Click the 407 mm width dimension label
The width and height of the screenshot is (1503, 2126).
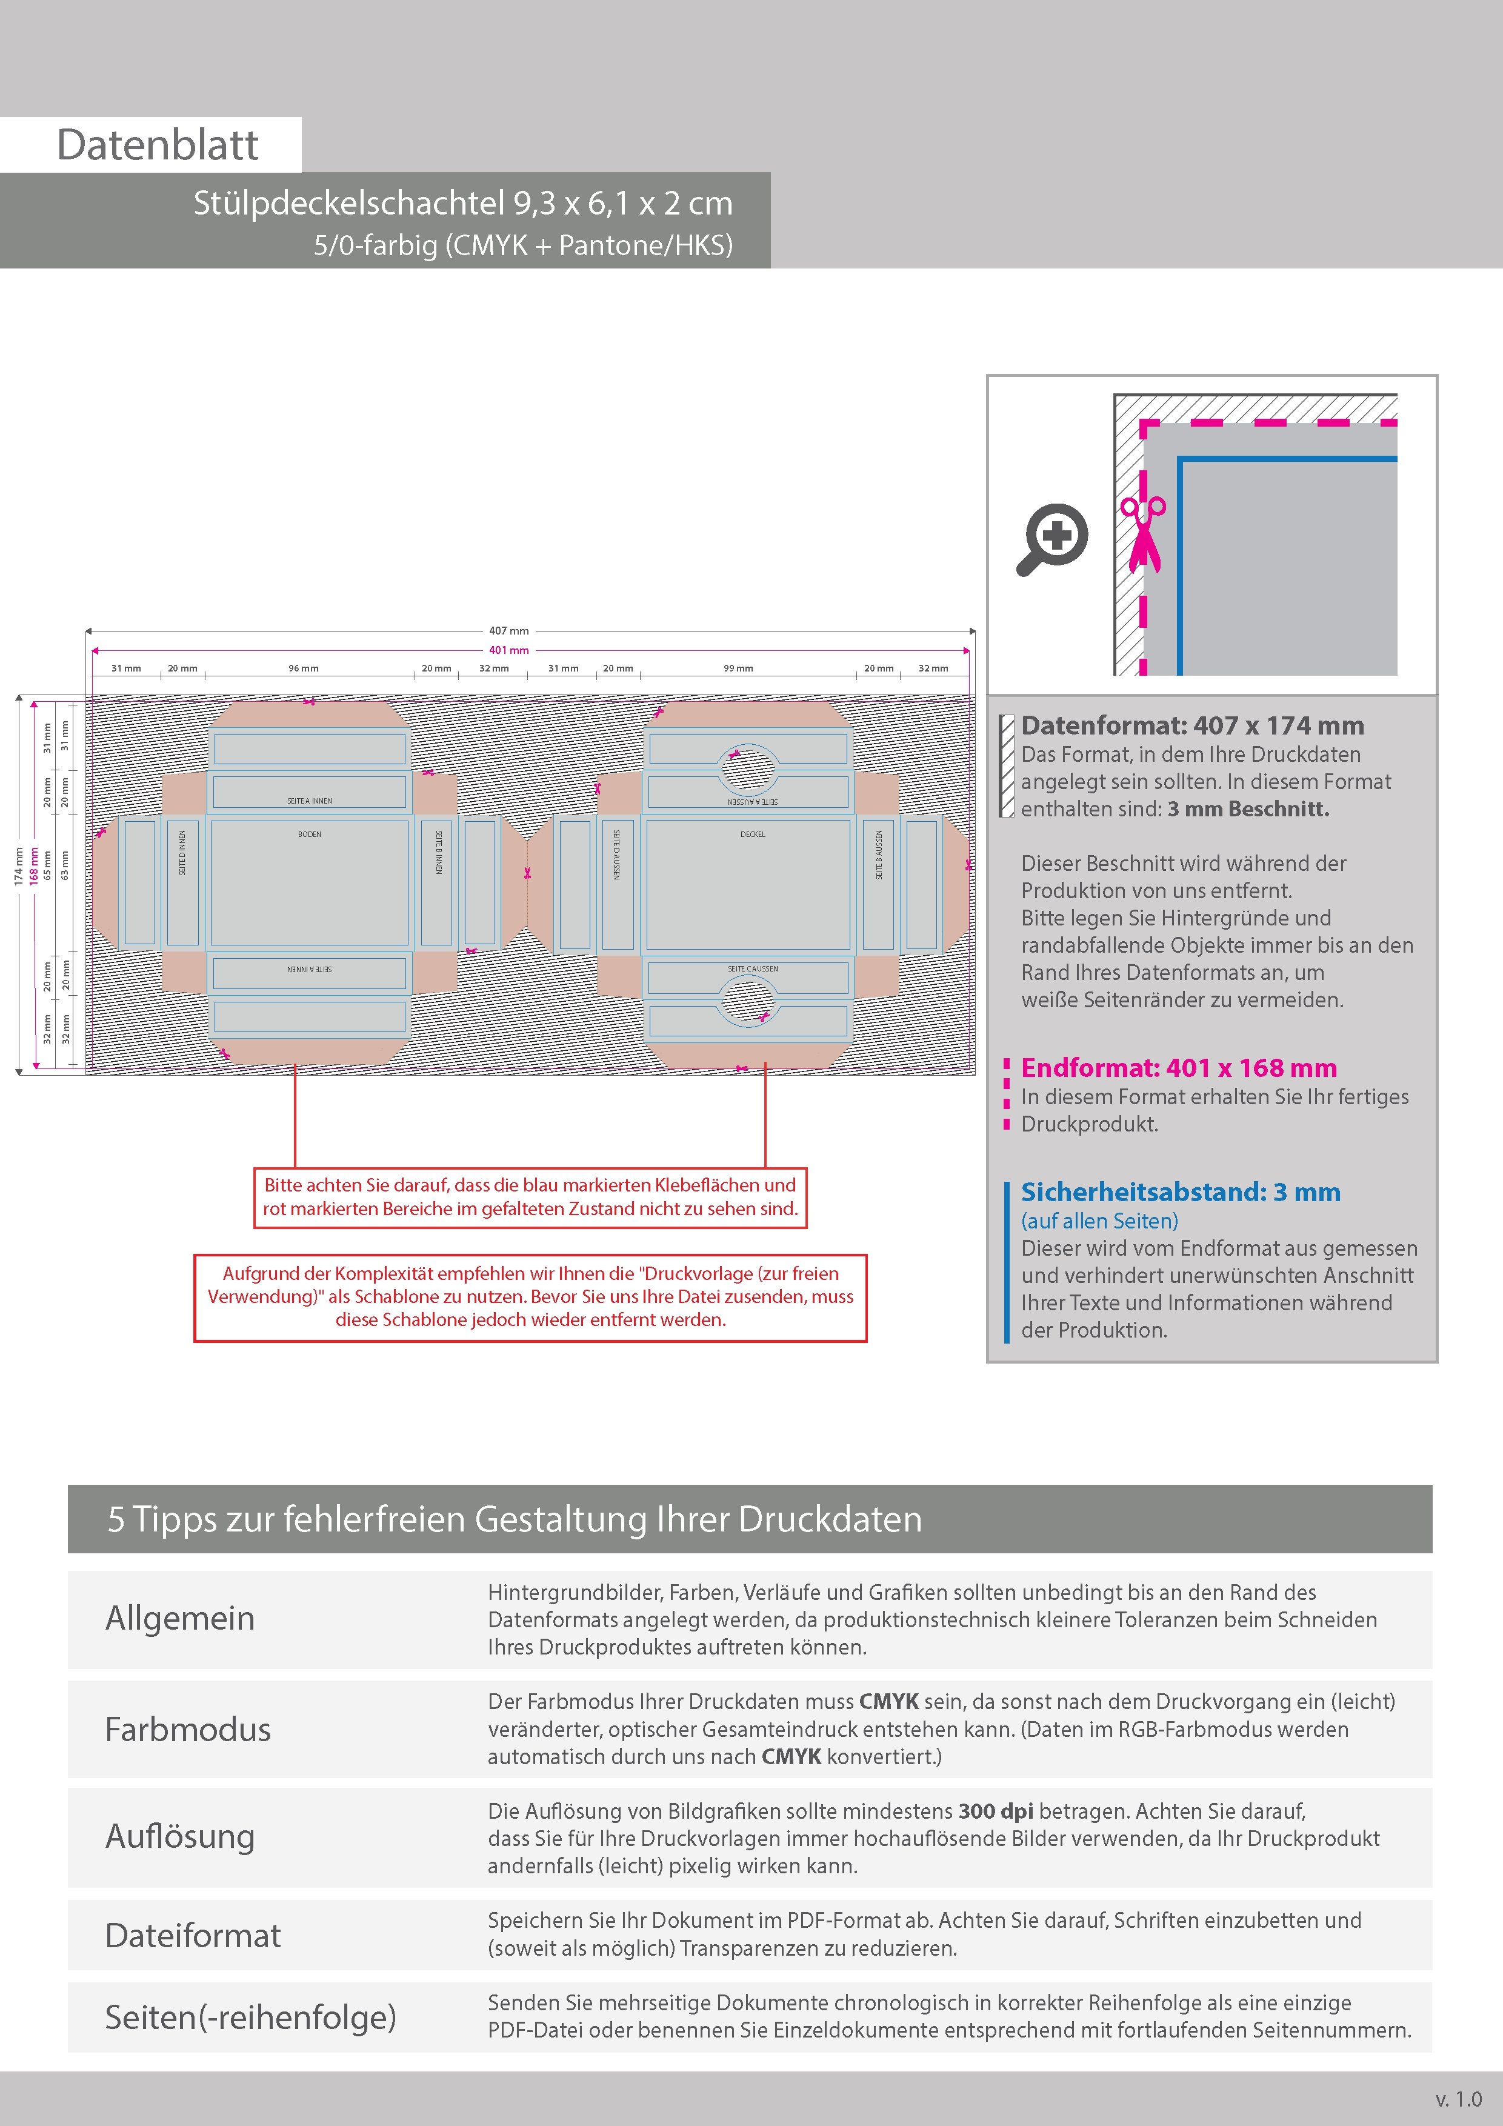pyautogui.click(x=508, y=630)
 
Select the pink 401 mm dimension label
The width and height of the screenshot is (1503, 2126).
pyautogui.click(x=508, y=650)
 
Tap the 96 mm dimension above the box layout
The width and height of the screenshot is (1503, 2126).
pyautogui.click(x=303, y=668)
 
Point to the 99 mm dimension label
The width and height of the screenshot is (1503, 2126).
pyautogui.click(x=738, y=668)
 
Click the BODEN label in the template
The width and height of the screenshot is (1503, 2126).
pyautogui.click(x=309, y=835)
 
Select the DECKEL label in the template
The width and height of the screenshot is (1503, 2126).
pyautogui.click(x=753, y=835)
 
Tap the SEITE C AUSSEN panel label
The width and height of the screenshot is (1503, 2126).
pyautogui.click(x=753, y=968)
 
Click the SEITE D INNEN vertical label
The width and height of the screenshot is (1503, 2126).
pyautogui.click(x=182, y=852)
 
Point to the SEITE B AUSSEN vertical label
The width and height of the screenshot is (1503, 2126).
pyautogui.click(x=879, y=854)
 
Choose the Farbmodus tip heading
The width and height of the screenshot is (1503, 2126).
pyautogui.click(x=188, y=1729)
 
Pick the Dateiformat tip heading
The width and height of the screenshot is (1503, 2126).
pyautogui.click(x=193, y=1935)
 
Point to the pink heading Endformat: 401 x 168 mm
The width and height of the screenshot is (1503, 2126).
pyautogui.click(x=1179, y=1068)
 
